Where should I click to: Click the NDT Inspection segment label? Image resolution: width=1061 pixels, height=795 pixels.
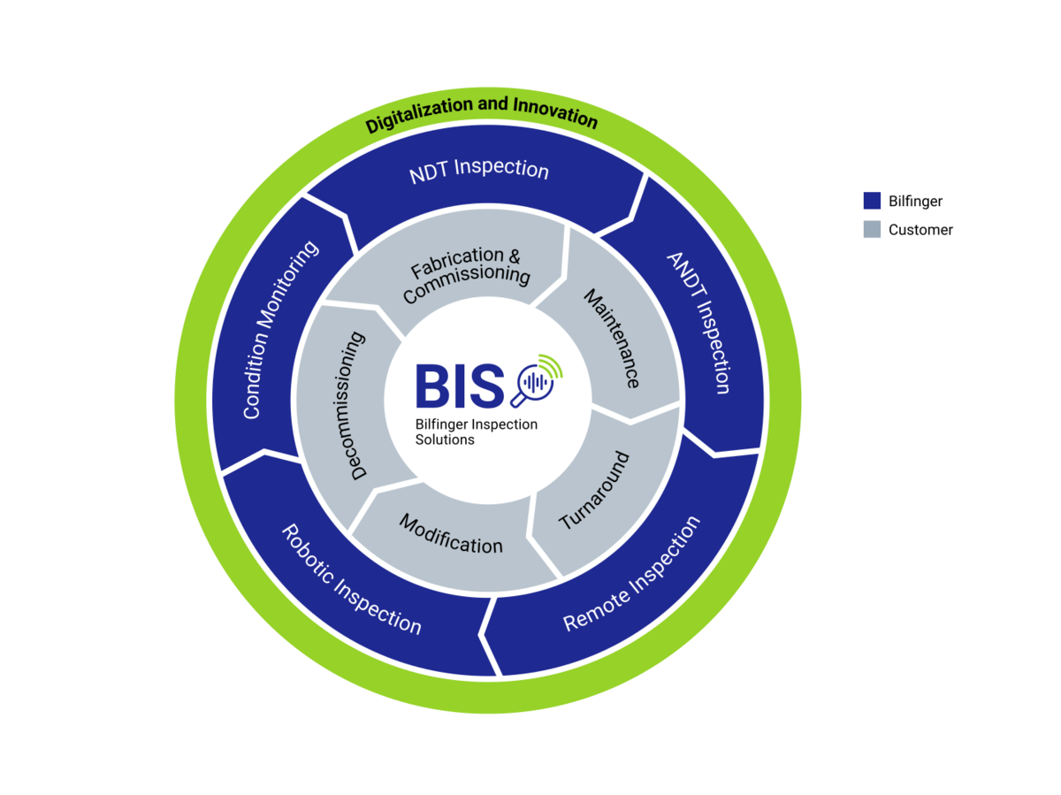(x=478, y=170)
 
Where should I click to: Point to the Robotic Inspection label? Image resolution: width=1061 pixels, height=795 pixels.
(x=351, y=579)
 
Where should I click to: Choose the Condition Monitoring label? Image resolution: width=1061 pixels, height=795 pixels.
(x=279, y=330)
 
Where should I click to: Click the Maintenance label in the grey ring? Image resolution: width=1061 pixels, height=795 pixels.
(x=613, y=339)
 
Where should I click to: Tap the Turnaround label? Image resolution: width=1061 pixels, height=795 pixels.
(x=594, y=490)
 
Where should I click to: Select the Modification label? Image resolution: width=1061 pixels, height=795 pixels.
(x=451, y=534)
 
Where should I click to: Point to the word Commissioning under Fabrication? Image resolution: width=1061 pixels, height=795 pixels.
(x=467, y=282)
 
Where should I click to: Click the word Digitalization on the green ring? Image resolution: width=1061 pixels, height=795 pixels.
(x=420, y=114)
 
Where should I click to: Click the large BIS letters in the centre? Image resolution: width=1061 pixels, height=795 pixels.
(x=460, y=386)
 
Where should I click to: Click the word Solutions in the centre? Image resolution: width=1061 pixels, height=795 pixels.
(x=445, y=440)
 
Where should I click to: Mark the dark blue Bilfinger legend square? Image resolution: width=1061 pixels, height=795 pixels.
(x=872, y=201)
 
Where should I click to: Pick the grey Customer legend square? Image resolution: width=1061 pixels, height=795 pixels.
(x=872, y=229)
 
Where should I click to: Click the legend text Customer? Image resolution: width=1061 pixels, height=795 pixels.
(x=920, y=230)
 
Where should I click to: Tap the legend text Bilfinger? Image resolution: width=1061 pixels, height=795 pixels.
(x=915, y=201)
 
